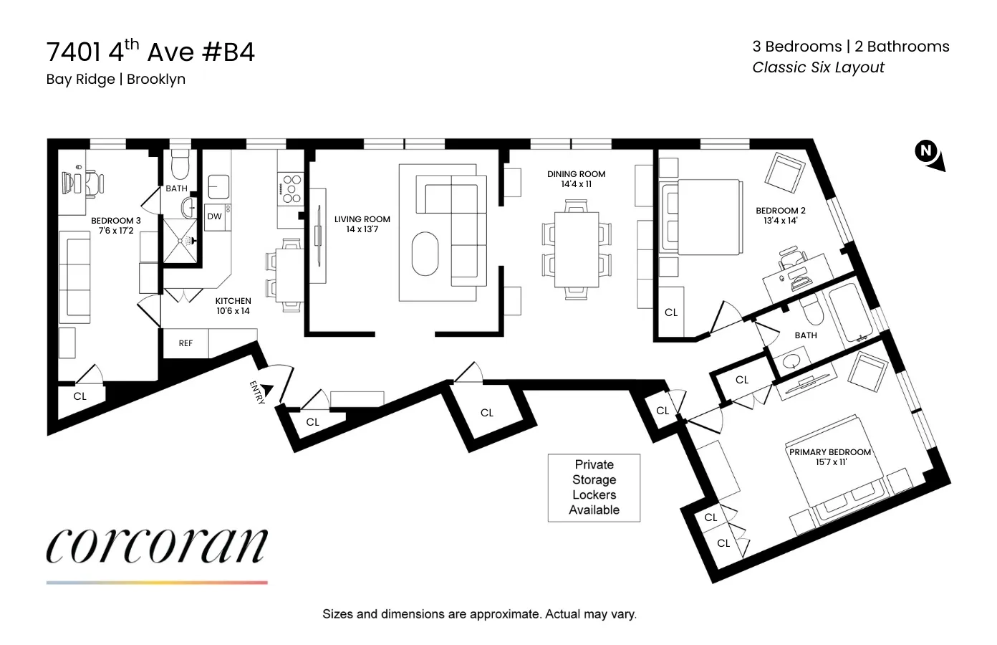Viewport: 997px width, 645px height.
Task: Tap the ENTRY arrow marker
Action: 266,390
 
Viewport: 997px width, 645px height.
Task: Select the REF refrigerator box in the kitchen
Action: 186,343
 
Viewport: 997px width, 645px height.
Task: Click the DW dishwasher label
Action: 215,216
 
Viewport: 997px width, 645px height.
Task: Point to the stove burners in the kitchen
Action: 290,188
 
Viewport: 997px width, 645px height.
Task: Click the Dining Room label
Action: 576,174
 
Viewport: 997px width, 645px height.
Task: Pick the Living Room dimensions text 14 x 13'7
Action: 362,229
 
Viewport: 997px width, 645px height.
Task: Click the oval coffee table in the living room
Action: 425,253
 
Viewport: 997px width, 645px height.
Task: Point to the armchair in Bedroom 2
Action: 785,173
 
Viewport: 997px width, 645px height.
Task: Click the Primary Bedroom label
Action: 829,452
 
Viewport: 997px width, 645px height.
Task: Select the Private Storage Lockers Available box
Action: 594,487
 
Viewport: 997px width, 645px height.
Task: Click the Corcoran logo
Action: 157,547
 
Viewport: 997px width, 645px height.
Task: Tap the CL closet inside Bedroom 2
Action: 670,312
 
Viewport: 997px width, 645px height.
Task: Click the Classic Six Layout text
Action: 818,67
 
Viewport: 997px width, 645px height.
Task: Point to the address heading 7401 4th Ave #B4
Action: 150,52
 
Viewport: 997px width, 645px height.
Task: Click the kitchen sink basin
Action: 218,186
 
